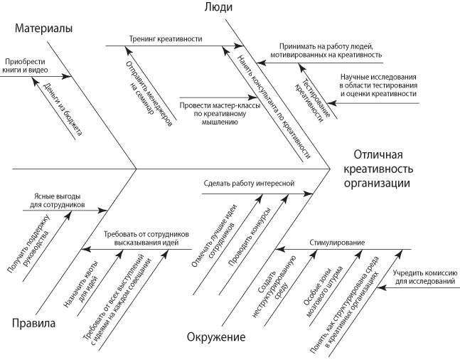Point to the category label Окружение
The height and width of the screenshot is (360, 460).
pos(216,337)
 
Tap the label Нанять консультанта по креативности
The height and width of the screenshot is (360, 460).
pos(274,106)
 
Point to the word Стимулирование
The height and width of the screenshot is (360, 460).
pos(337,243)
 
